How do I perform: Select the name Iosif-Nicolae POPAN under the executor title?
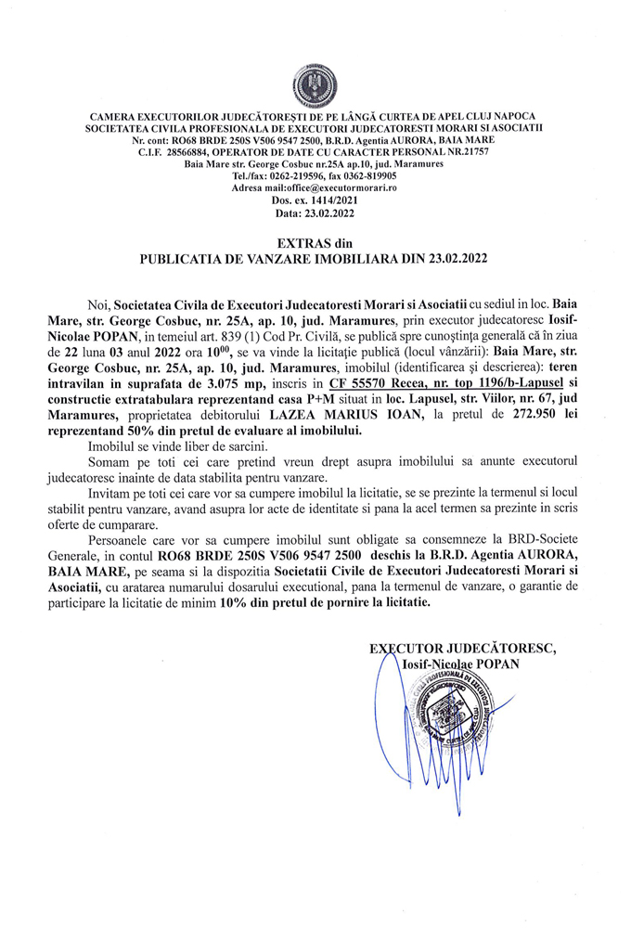458,664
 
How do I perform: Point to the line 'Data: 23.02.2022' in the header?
315,212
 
